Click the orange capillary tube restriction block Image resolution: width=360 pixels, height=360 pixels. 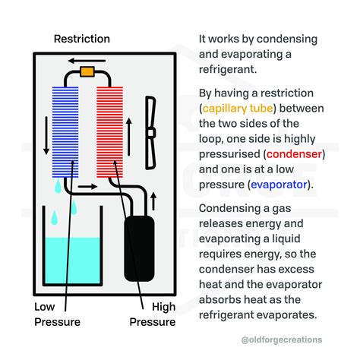pos(87,71)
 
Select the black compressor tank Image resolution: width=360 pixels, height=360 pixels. pos(139,248)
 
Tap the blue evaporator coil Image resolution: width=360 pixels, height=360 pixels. pos(65,132)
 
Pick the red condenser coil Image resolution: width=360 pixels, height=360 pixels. pos(109,132)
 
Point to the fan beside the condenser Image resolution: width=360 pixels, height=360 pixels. pos(150,133)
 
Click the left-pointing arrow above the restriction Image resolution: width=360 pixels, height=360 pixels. pos(87,61)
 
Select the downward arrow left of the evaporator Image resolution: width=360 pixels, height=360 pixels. pos(46,135)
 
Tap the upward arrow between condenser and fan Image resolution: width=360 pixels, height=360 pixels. pos(129,137)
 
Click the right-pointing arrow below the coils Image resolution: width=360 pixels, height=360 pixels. pos(87,187)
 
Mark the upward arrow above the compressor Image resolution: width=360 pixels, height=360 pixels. pos(153,201)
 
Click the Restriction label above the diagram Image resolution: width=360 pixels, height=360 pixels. pos(82,39)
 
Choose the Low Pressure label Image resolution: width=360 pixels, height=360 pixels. pos(57,314)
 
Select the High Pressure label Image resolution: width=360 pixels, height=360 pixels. pos(153,314)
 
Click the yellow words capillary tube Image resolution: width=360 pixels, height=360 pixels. pos(238,109)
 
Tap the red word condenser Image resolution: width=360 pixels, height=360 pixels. pos(294,154)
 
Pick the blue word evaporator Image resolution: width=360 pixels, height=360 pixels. pos(279,185)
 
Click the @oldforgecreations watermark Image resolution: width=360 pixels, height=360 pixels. pos(282,339)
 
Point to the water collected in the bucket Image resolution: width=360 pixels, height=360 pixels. pos(73,261)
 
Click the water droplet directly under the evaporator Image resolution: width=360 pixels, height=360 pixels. pos(58,186)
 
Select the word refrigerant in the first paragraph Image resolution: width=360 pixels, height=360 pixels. pos(228,69)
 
